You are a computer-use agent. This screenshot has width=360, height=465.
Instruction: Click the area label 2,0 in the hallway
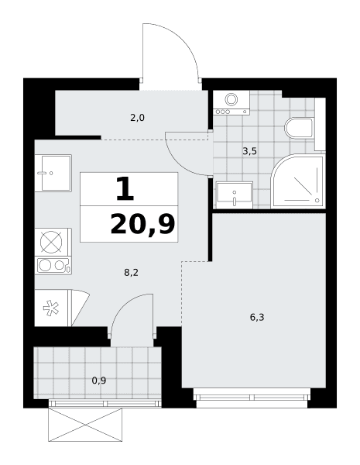pyautogui.click(x=137, y=118)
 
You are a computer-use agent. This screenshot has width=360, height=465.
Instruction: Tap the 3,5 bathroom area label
pyautogui.click(x=249, y=151)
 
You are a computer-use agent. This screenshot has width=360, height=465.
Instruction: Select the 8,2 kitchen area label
pyautogui.click(x=131, y=272)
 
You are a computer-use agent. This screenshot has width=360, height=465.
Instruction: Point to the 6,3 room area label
pyautogui.click(x=257, y=317)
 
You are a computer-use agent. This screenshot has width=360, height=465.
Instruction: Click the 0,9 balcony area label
pyautogui.click(x=99, y=381)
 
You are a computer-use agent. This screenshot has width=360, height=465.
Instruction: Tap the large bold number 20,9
pyautogui.click(x=142, y=225)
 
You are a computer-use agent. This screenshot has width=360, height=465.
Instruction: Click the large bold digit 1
pyautogui.click(x=125, y=188)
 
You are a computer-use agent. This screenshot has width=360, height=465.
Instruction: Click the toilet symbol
pyautogui.click(x=300, y=128)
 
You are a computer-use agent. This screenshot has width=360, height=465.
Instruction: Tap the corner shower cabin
pyautogui.click(x=298, y=181)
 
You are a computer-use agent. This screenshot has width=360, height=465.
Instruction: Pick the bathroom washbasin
pyautogui.click(x=235, y=195)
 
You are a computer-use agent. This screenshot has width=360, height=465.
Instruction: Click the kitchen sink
pyautogui.click(x=53, y=173)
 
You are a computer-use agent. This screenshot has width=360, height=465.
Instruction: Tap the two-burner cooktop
pyautogui.click(x=53, y=265)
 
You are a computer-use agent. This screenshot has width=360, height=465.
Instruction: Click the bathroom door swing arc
pyautogui.click(x=178, y=162)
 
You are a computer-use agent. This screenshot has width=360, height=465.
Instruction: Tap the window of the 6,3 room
pyautogui.click(x=252, y=397)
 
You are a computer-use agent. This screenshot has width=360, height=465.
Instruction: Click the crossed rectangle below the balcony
pyautogui.click(x=85, y=425)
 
